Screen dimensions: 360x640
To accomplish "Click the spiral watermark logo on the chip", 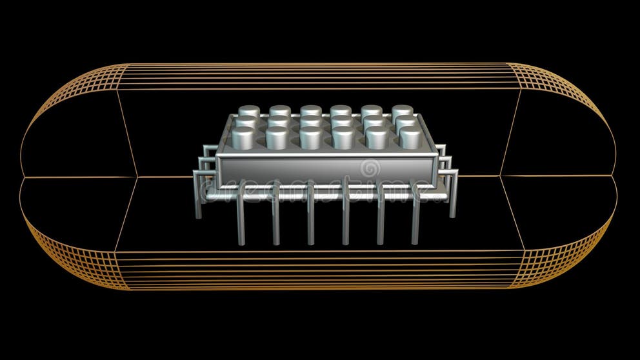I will [370, 168].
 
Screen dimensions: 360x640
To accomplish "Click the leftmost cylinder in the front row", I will [243, 137].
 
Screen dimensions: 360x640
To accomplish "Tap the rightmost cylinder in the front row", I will [410, 137].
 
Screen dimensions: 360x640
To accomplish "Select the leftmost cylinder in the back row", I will [249, 111].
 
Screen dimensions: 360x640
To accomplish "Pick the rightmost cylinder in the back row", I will [402, 111].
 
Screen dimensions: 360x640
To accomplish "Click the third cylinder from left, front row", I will [310, 137].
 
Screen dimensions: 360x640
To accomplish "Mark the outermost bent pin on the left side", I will [197, 194].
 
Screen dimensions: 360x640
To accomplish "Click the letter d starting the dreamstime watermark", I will [206, 190].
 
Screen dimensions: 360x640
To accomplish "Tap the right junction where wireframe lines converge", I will [501, 175].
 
